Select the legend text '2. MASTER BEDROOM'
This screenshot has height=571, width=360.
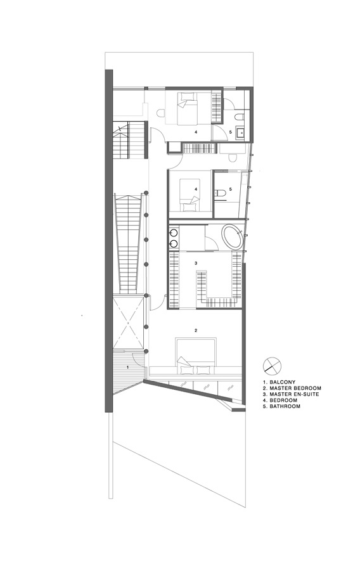click(292, 388)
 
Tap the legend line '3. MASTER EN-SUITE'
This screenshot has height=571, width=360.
click(291, 394)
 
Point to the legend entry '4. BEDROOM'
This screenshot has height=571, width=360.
click(280, 400)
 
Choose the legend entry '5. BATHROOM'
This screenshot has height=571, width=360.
click(281, 406)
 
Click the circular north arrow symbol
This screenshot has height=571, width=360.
click(272, 365)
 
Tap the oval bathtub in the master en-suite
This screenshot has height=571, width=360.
click(232, 237)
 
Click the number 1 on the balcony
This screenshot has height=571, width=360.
click(127, 368)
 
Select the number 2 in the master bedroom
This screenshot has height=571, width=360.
click(196, 331)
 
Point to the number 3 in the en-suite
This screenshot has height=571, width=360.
click(196, 263)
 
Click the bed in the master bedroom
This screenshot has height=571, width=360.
click(196, 356)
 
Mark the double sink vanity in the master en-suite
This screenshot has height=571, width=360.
click(174, 238)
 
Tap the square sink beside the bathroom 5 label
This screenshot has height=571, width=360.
click(240, 132)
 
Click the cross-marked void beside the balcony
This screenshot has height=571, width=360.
click(128, 323)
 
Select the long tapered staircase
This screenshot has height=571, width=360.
click(127, 244)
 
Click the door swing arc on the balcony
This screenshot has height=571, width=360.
click(138, 359)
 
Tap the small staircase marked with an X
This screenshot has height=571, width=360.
click(130, 140)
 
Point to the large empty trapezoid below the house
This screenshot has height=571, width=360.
click(179, 455)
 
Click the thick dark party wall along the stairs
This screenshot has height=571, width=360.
click(108, 240)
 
